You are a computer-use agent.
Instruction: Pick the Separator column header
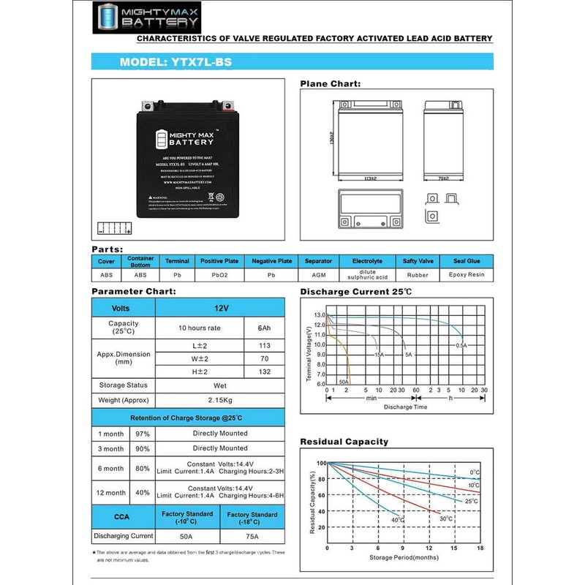317,261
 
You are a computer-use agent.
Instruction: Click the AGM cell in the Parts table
317,276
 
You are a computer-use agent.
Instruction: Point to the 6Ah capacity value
265,328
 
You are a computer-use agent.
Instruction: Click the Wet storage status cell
219,385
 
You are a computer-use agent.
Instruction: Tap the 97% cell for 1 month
142,433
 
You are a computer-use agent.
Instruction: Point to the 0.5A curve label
461,345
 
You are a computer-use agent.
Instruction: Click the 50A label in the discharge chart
342,381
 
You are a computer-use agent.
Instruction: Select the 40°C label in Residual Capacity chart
397,520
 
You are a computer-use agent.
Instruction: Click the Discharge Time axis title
405,406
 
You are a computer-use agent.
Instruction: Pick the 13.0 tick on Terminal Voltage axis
319,315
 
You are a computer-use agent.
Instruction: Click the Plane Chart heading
331,85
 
